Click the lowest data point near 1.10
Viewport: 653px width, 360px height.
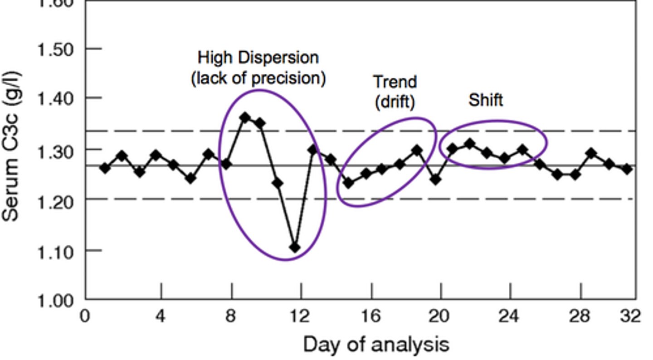pyautogui.click(x=295, y=248)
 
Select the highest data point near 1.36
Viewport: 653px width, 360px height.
pyautogui.click(x=245, y=118)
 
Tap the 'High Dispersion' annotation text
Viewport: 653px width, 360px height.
pyautogui.click(x=258, y=58)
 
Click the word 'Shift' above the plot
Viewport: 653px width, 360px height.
pyautogui.click(x=485, y=100)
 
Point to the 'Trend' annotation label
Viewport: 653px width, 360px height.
pyautogui.click(x=395, y=83)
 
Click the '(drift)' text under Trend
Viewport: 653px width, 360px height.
pyautogui.click(x=395, y=102)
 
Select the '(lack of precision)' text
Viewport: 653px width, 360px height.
pyautogui.click(x=258, y=78)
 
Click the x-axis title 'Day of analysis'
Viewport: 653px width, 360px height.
pyautogui.click(x=376, y=345)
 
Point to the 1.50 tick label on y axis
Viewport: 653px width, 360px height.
pyautogui.click(x=54, y=49)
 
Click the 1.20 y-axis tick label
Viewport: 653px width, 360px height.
pyautogui.click(x=54, y=200)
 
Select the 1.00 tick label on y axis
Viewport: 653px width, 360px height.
pyautogui.click(x=54, y=301)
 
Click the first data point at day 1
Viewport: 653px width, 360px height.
pyautogui.click(x=105, y=168)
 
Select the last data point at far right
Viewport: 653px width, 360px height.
pyautogui.click(x=627, y=169)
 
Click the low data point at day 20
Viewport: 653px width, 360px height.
pyautogui.click(x=435, y=180)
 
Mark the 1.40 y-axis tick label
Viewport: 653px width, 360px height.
pyautogui.click(x=54, y=98)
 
